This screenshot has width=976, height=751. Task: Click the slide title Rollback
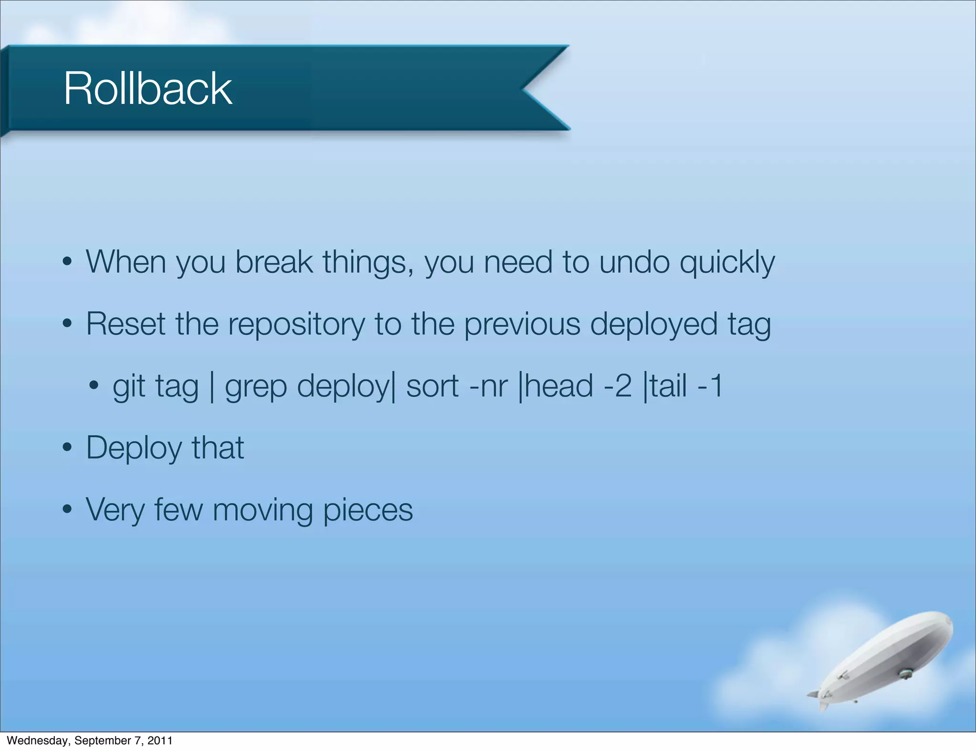(148, 89)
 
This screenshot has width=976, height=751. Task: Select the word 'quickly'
(727, 263)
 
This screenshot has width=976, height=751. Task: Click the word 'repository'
(296, 325)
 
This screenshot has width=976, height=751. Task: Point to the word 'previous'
(522, 325)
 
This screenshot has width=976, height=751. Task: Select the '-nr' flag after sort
(488, 386)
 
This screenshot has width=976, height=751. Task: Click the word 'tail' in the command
(668, 386)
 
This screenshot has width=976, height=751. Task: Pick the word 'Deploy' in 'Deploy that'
(134, 449)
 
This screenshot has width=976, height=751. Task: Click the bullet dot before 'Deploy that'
(67, 448)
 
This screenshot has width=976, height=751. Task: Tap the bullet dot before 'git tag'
(94, 385)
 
